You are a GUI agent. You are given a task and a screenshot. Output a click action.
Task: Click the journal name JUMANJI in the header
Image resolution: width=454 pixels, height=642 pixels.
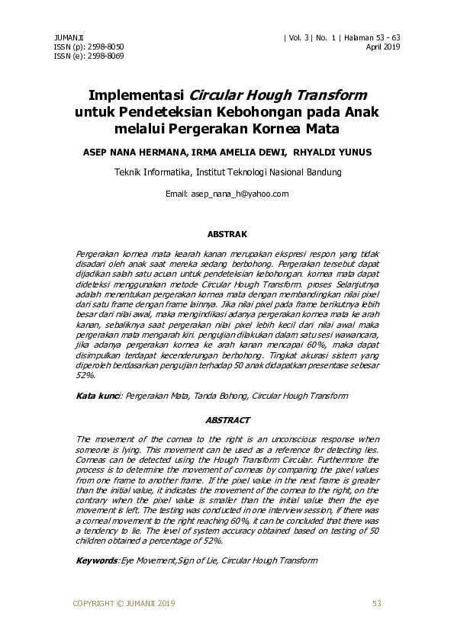coord(68,37)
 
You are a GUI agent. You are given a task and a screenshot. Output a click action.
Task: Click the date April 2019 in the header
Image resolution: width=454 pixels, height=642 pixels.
coord(384,47)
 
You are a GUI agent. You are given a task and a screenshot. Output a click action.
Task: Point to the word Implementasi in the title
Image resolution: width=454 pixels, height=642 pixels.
coord(137,96)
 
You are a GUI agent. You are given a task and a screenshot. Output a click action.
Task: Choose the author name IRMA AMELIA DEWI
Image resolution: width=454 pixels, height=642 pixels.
coord(236,152)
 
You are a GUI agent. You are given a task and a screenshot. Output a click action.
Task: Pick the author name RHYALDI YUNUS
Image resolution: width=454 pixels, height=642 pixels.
coord(333,152)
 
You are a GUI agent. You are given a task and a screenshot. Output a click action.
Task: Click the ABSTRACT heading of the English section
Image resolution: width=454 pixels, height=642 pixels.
coord(227,420)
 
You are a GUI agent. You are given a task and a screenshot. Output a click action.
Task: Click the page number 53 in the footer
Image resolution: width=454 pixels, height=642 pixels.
coord(376,604)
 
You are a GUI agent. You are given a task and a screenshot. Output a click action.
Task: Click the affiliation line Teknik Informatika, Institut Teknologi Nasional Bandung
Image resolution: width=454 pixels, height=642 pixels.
coord(227,172)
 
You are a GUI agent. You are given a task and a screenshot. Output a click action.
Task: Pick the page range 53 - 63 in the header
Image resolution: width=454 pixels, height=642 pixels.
coord(385,37)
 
